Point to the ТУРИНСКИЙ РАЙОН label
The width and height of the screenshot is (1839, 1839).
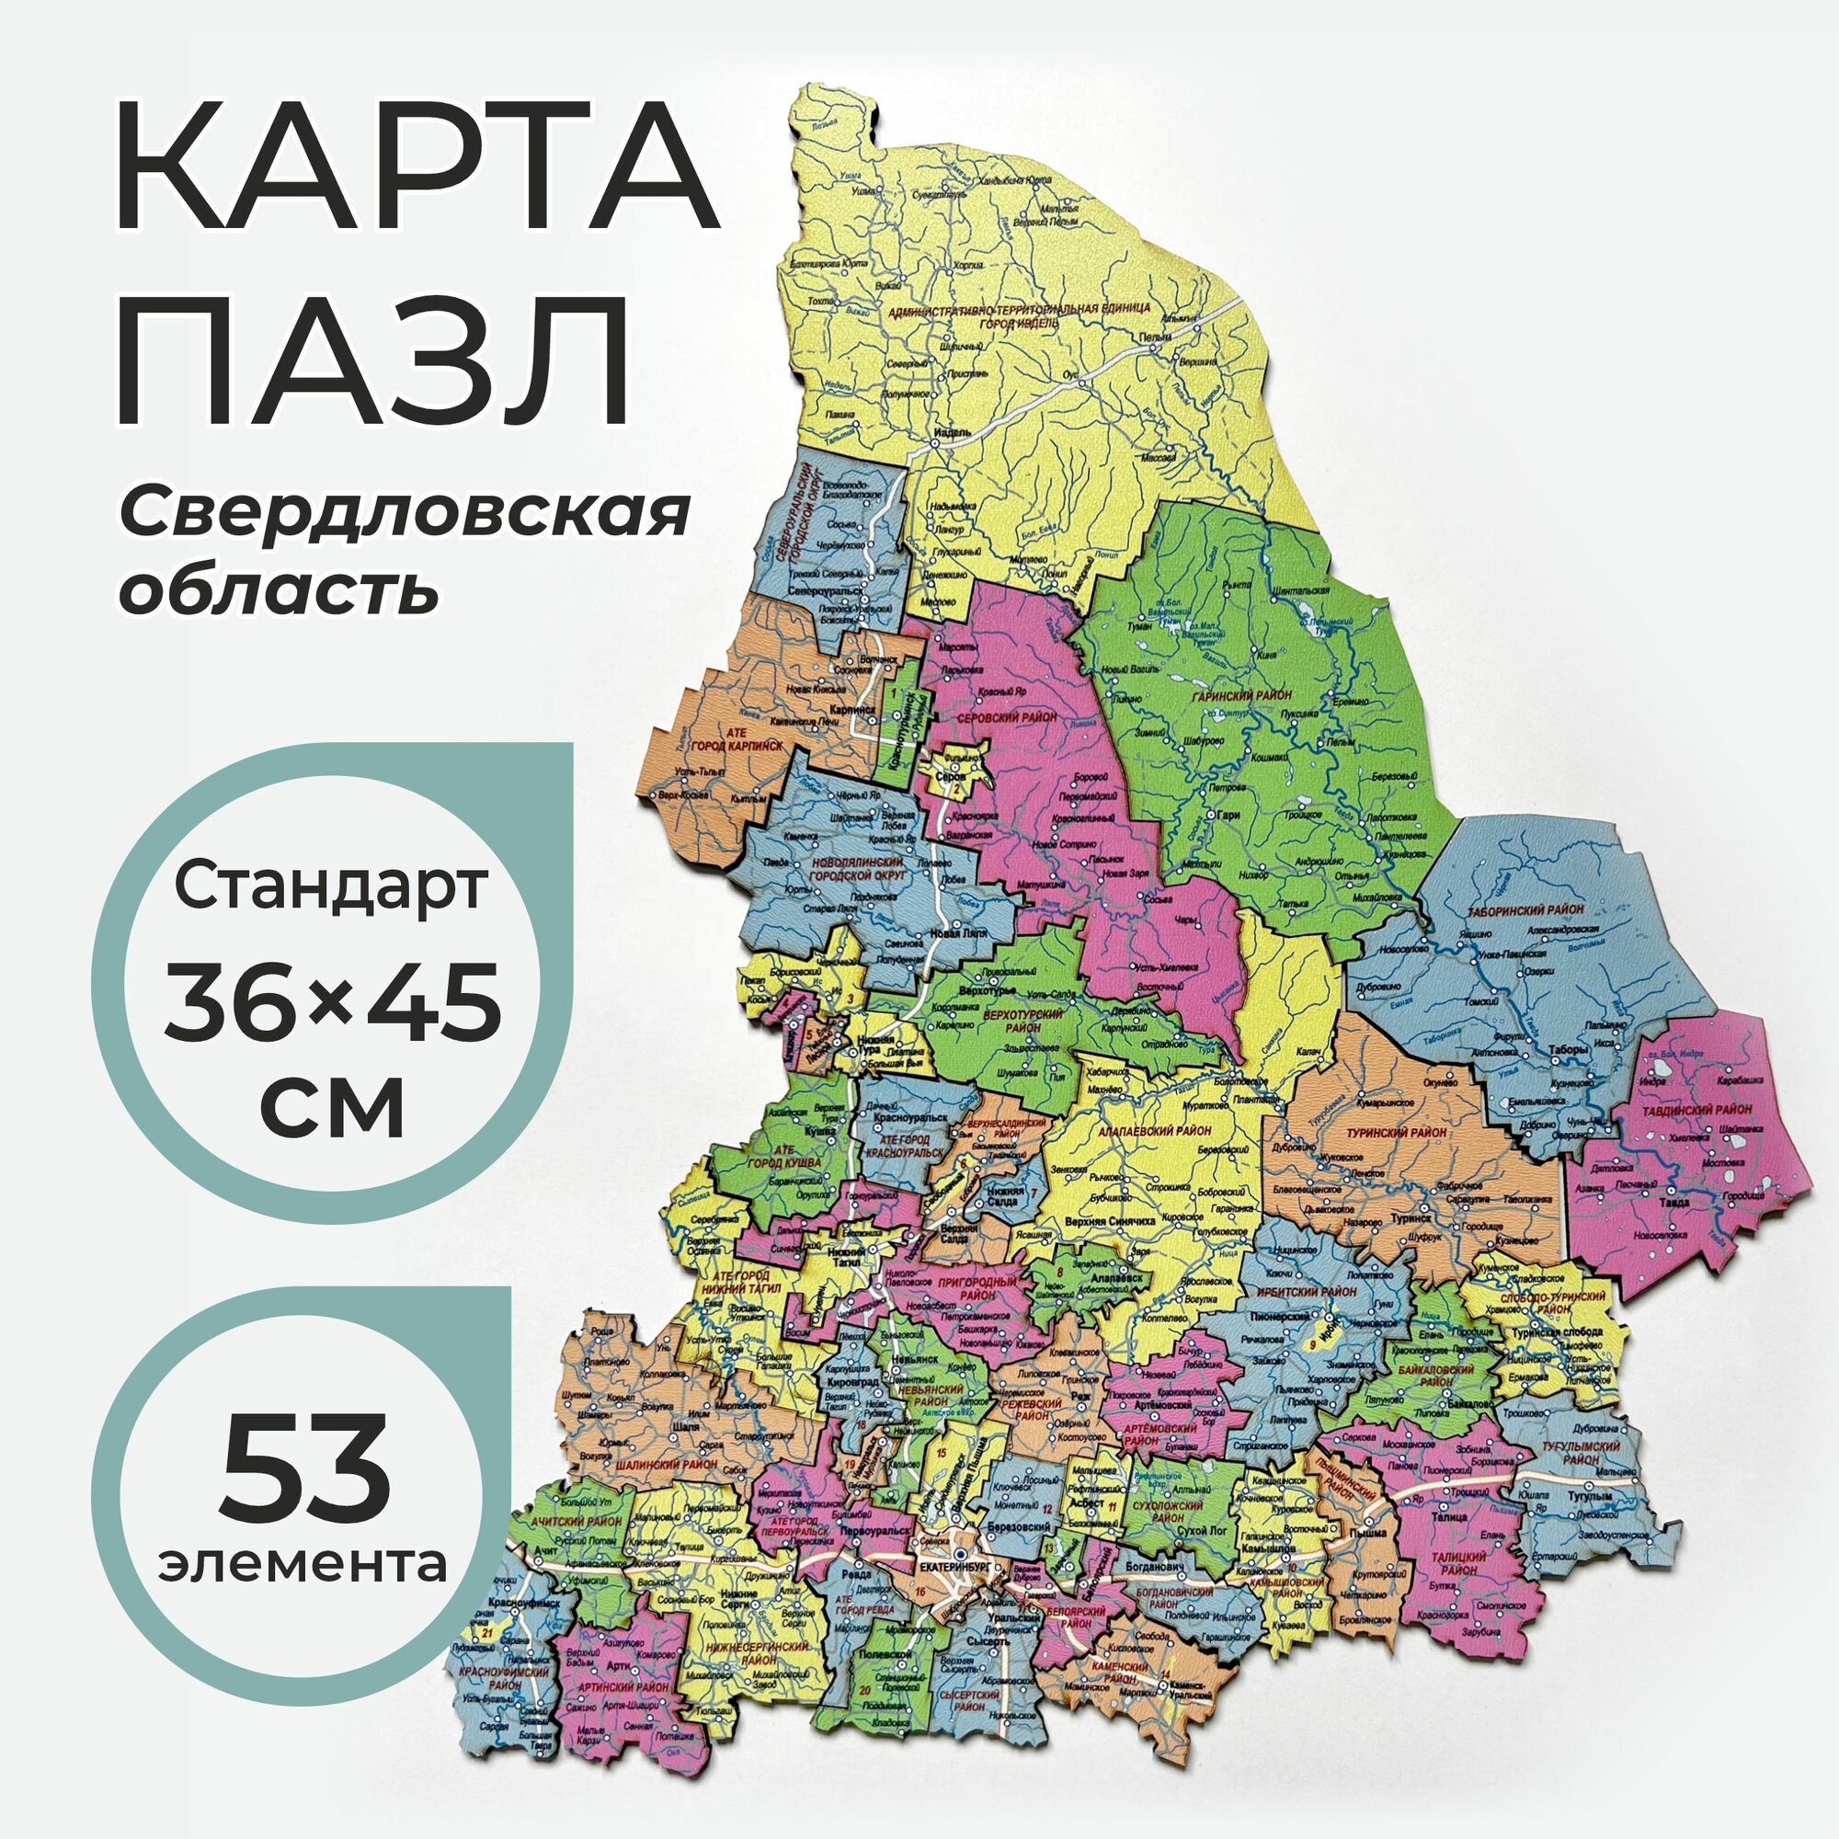[x=1397, y=1133]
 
